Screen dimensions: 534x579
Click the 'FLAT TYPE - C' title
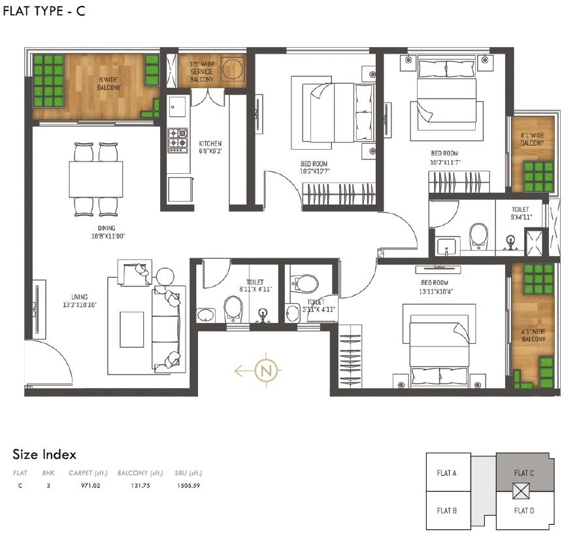click(44, 10)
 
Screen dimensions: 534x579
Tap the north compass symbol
click(265, 371)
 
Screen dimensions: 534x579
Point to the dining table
click(96, 178)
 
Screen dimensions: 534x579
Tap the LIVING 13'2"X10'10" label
click(79, 301)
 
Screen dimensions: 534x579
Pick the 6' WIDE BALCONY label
click(109, 83)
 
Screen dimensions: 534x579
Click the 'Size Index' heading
click(44, 454)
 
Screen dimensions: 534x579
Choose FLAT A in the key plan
click(446, 473)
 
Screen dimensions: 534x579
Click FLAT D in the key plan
click(524, 510)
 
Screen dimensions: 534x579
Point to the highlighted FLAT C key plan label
click(524, 473)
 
